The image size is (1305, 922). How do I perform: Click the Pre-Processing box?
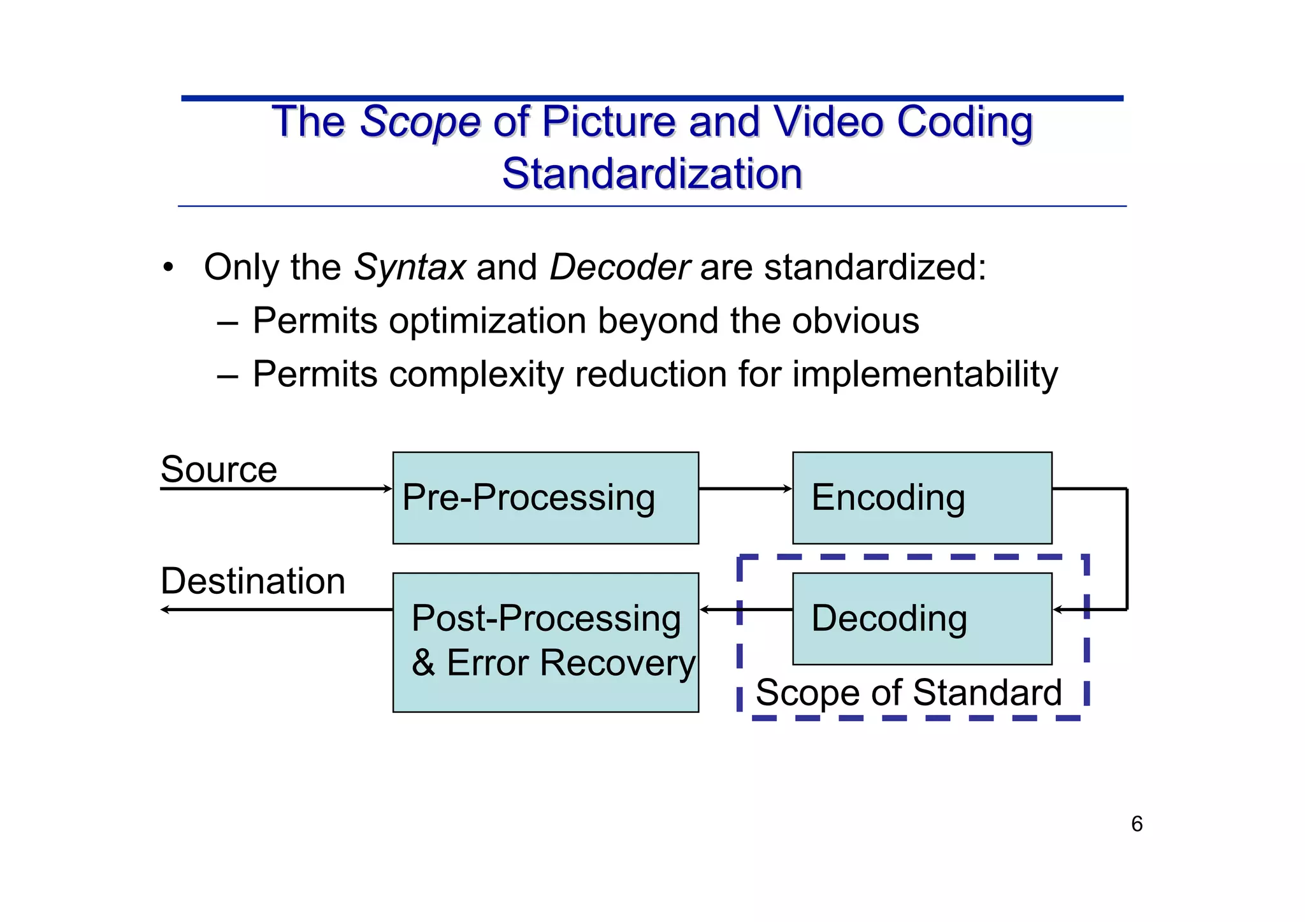(x=545, y=498)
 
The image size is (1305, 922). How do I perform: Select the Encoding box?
(x=921, y=498)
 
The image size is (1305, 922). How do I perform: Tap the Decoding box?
(x=921, y=618)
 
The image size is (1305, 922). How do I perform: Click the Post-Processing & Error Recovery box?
(x=545, y=642)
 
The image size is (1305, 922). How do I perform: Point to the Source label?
(x=219, y=470)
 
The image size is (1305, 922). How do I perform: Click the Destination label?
(x=253, y=581)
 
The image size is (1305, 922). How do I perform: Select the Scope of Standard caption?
(x=909, y=693)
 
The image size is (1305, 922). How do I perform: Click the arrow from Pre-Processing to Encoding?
(x=745, y=489)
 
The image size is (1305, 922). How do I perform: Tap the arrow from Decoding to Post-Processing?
(x=746, y=610)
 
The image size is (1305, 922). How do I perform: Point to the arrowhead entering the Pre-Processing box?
(x=387, y=489)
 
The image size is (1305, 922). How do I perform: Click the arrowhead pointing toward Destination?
(x=165, y=610)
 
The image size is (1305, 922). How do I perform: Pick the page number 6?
(x=1137, y=824)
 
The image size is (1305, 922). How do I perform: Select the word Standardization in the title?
(x=652, y=173)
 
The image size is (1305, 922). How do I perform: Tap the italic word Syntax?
(x=410, y=267)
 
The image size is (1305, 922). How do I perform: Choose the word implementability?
(x=925, y=374)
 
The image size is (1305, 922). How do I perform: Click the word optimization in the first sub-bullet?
(x=487, y=321)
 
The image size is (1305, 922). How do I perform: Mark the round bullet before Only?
(x=168, y=267)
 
